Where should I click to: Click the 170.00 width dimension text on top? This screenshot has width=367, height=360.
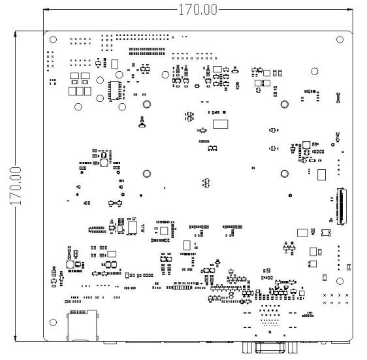pos(198,10)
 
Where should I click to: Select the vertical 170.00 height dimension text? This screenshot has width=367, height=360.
pos(16,186)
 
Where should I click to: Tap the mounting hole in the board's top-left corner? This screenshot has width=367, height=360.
pos(53,40)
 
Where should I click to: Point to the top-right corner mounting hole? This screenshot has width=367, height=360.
pos(340,40)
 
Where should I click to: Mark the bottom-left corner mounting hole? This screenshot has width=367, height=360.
pos(53,323)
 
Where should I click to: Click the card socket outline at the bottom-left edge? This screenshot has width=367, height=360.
pos(83,325)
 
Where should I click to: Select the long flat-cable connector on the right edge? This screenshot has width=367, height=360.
pos(342,206)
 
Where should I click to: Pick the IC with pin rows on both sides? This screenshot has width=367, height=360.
pos(115,91)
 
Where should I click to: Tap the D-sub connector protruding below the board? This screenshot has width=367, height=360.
pos(270,347)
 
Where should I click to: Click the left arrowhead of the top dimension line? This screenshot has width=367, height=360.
pos(46,10)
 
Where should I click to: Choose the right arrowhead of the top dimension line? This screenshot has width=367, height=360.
pos(350,10)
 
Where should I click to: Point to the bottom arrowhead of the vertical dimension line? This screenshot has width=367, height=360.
pos(16,338)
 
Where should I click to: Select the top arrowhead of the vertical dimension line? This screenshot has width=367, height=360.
pos(16,34)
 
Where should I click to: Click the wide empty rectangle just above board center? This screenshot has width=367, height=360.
pos(220,124)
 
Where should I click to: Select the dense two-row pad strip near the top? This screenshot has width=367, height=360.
pos(147,52)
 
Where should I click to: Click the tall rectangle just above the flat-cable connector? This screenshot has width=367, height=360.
pos(321,174)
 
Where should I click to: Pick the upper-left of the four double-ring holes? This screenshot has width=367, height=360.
pos(147,105)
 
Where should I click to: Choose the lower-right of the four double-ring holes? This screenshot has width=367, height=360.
pos(284,174)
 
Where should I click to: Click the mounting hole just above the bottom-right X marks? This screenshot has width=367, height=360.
pos(340,281)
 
